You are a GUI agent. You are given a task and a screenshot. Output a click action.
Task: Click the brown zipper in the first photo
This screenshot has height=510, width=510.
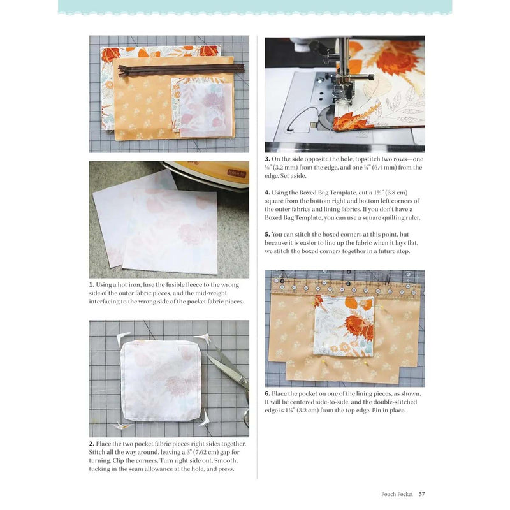tap(181, 69)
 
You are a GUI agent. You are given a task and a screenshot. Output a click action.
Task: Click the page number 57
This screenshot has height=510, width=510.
tap(421, 493)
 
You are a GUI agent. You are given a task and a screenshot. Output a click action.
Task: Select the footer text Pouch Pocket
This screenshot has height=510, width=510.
tap(397, 494)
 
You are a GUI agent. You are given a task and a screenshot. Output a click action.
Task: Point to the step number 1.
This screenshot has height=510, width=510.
tap(91, 284)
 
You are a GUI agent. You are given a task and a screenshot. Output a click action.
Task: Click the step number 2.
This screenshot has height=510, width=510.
tap(92, 444)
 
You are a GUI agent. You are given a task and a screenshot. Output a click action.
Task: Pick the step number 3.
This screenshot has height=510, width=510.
tap(267, 159)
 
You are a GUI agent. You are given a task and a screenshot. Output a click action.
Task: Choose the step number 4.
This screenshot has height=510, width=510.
tap(267, 193)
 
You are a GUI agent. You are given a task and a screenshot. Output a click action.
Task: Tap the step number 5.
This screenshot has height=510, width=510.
tap(267, 234)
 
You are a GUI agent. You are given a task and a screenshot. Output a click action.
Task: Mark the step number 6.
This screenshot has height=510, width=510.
tap(267, 393)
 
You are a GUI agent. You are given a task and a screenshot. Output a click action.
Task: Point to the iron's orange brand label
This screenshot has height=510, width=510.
tap(236, 173)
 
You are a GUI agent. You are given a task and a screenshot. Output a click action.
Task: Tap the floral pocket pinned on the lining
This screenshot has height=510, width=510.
tap(344, 325)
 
